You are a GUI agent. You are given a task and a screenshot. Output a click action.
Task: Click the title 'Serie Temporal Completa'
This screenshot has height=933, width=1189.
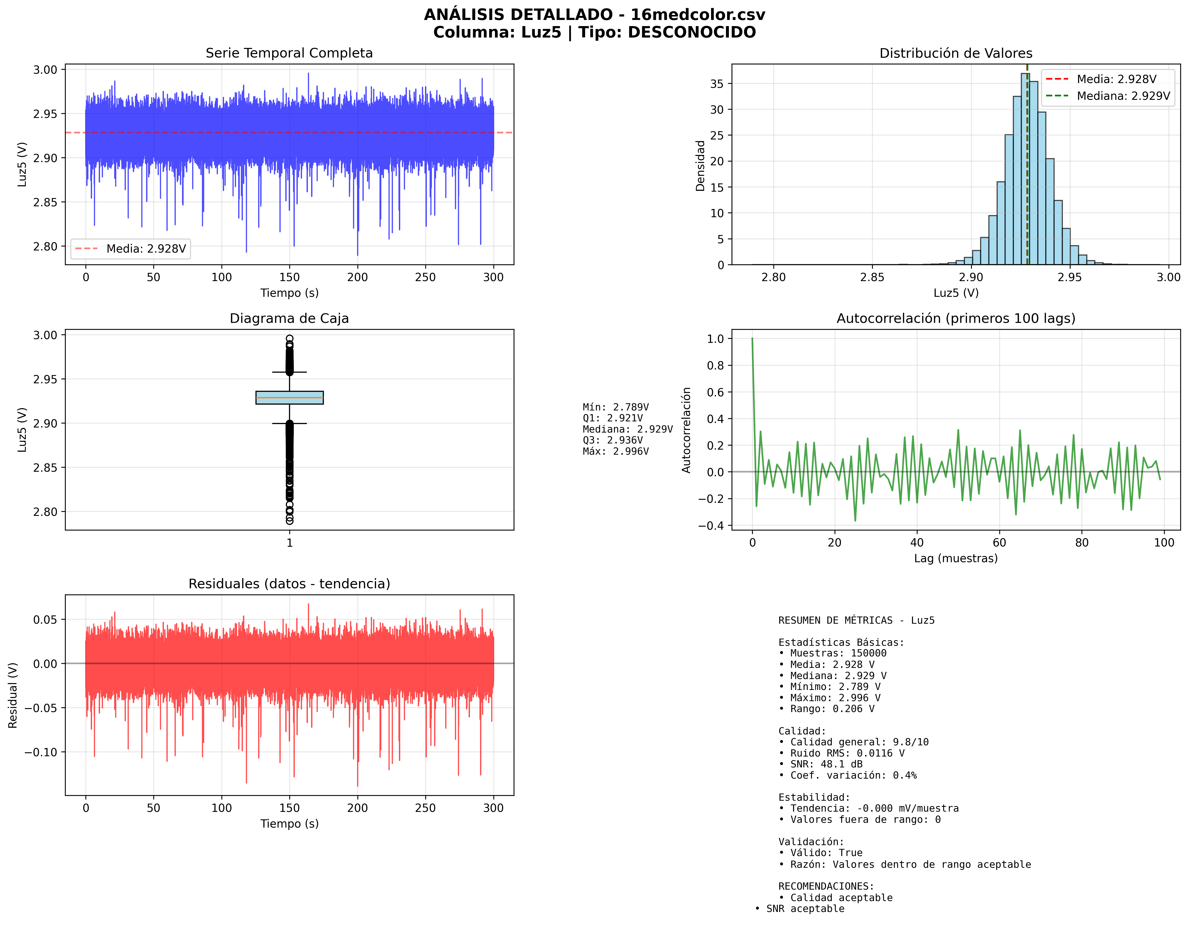coord(289,53)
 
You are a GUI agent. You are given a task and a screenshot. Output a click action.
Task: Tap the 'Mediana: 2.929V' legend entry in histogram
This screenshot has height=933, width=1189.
coord(1123,96)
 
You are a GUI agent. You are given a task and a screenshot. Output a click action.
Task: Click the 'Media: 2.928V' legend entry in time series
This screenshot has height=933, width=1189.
coord(146,249)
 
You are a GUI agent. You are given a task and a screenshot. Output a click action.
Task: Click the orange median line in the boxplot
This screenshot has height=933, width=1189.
coord(290,398)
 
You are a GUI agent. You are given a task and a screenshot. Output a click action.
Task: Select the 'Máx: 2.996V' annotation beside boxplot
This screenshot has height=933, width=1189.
coord(616,451)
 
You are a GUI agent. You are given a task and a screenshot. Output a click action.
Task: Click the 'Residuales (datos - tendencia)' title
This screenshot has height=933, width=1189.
coord(289,584)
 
